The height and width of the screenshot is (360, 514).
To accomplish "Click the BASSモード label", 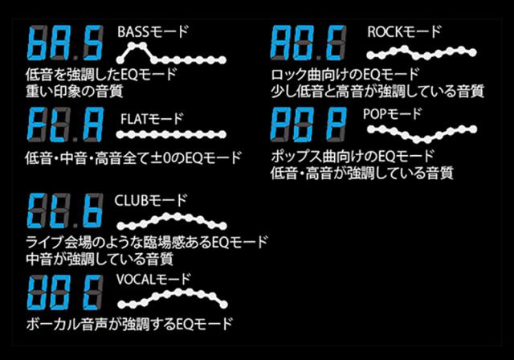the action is (153, 32).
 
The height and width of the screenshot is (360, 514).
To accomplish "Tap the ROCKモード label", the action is (404, 32).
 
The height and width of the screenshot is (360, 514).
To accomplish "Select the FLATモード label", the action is (152, 119).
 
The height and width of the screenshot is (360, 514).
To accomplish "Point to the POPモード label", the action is (392, 114).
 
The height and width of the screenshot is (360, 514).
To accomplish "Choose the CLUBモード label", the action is (151, 200).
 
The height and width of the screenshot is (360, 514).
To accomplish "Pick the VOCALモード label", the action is (153, 280).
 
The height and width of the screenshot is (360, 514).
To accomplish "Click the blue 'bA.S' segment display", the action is (65, 43).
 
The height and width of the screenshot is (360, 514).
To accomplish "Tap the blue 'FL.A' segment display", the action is (65, 125).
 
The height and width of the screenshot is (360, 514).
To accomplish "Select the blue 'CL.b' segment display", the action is (65, 211).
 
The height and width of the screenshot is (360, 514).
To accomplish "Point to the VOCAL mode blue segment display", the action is (65, 292).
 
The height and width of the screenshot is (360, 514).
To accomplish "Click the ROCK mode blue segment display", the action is (308, 43).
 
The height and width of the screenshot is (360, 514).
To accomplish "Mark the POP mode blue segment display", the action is (308, 125).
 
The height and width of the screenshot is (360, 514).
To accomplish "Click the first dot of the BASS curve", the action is (120, 60).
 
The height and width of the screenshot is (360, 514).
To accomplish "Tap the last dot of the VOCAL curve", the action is (223, 305).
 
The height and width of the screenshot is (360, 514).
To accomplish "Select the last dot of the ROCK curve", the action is (472, 52).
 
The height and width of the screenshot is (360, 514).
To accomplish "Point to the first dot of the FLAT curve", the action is (120, 134).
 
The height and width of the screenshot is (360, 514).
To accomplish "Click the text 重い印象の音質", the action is (75, 91).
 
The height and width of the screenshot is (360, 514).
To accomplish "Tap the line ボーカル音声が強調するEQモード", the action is (129, 324).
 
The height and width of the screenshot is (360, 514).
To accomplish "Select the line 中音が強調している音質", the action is (100, 259).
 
